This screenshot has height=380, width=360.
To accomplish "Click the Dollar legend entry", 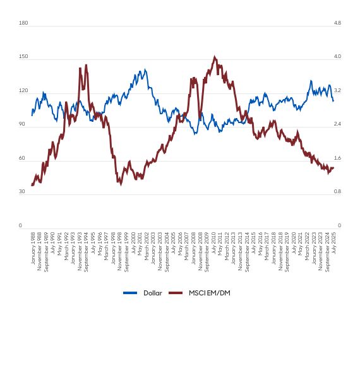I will coord(152,293).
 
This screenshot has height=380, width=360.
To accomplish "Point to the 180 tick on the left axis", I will coord(24,23).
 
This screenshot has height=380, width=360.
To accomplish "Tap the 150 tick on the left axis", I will coord(24,57).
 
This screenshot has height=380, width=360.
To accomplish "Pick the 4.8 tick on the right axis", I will coord(337,23).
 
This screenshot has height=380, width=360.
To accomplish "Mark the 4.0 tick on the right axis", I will coord(337,57).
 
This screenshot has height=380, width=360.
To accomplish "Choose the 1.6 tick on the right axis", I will coord(337,158).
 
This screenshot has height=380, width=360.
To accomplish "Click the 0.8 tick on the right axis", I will coord(337,191).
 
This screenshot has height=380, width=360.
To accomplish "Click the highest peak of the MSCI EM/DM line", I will coord(215,57).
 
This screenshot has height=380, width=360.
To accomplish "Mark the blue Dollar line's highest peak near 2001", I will coord(145,70).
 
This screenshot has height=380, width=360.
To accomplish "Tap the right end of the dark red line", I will coord(333,167).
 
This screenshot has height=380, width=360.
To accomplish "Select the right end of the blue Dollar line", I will coord(333,100).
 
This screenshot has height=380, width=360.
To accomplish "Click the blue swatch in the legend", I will coord(130,293).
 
